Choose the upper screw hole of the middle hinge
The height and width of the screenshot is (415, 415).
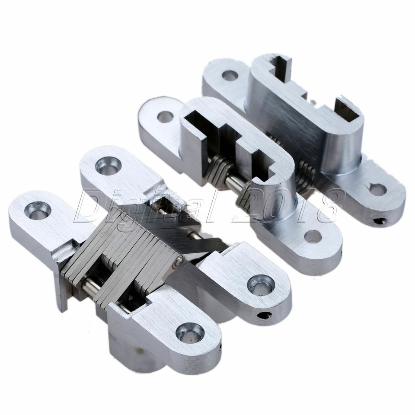[164, 116]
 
